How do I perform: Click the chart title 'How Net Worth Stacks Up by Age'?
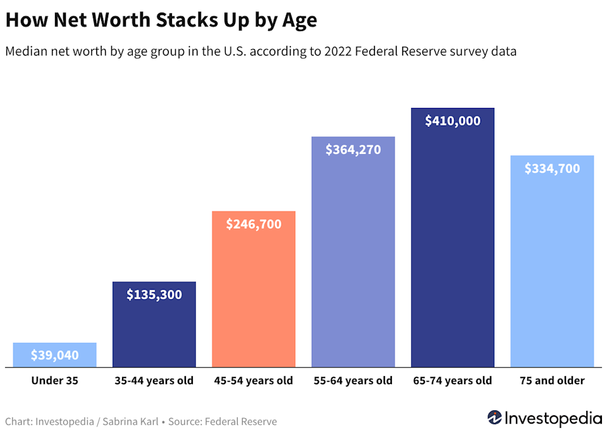click(x=161, y=20)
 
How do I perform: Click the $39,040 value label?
click(x=55, y=355)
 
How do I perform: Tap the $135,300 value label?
click(x=154, y=294)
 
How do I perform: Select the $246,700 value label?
click(x=254, y=223)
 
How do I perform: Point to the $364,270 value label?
click(x=353, y=150)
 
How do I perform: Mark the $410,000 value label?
click(x=453, y=121)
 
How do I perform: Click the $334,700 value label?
click(x=552, y=169)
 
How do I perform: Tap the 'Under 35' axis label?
click(x=55, y=381)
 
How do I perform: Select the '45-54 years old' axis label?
click(x=254, y=381)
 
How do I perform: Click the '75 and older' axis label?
click(x=552, y=381)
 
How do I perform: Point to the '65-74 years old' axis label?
click(x=453, y=381)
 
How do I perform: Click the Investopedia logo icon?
click(x=495, y=418)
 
